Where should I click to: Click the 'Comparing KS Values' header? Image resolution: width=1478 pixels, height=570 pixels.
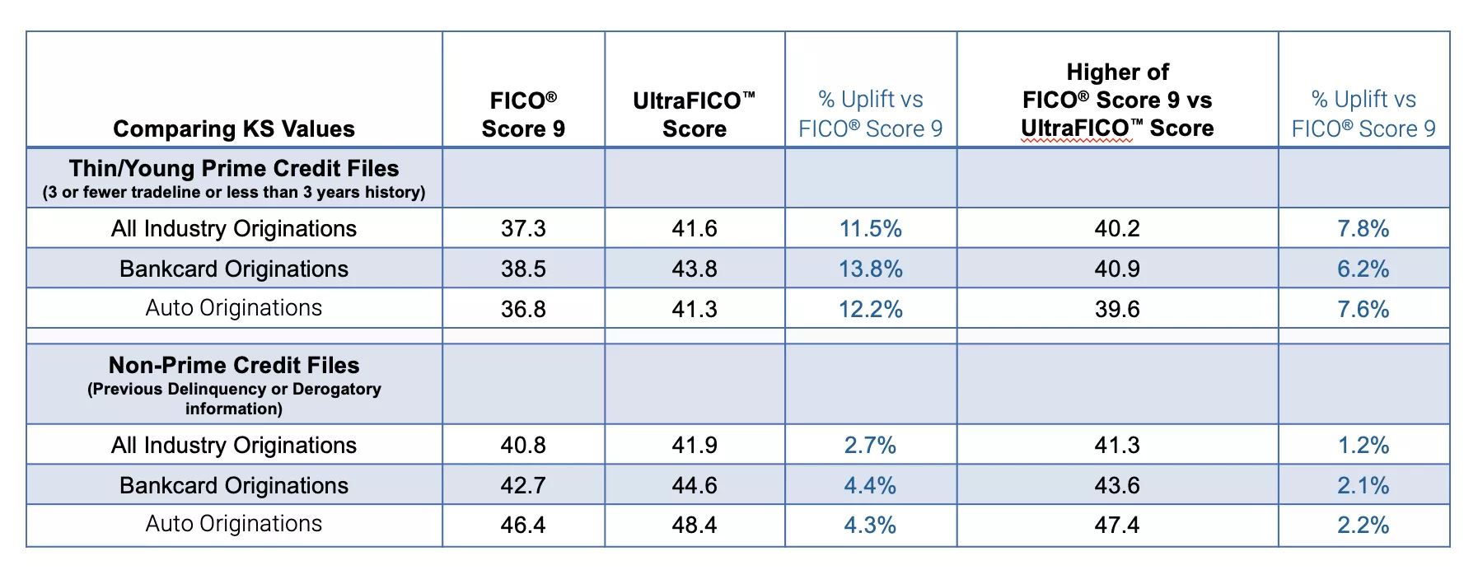point(234,128)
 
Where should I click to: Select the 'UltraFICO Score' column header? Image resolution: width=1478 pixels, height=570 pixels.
point(694,114)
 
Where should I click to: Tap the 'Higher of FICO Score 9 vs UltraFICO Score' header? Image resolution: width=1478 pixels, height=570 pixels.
point(1117,100)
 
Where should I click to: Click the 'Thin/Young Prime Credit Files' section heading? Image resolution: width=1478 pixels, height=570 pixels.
point(234,169)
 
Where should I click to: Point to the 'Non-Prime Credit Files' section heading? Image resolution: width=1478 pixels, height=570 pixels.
point(234,365)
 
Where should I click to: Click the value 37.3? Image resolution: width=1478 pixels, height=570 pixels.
point(523,228)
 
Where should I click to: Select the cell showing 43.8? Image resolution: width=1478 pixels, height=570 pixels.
point(694,269)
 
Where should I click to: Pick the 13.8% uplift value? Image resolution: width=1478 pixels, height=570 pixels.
point(870,269)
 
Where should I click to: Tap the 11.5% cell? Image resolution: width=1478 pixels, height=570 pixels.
point(870,228)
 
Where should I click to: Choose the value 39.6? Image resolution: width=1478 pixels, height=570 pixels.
point(1117,309)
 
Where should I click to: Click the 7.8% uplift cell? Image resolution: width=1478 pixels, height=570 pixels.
point(1363,228)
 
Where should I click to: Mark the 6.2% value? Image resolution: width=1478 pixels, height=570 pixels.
point(1363,269)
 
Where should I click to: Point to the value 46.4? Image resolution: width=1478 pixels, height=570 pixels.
point(523,525)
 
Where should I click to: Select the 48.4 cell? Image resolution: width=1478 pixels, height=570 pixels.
point(694,525)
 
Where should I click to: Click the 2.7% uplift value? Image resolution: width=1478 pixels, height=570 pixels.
point(870,445)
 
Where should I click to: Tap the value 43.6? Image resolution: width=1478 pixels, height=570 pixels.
point(1117,485)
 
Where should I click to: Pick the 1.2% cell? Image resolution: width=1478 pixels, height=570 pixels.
point(1363,445)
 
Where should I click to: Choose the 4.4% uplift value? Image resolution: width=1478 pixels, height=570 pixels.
point(870,485)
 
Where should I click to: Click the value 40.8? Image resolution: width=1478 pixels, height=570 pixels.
point(523,445)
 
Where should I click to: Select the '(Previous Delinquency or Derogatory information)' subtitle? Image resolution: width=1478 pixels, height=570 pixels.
point(234,399)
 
